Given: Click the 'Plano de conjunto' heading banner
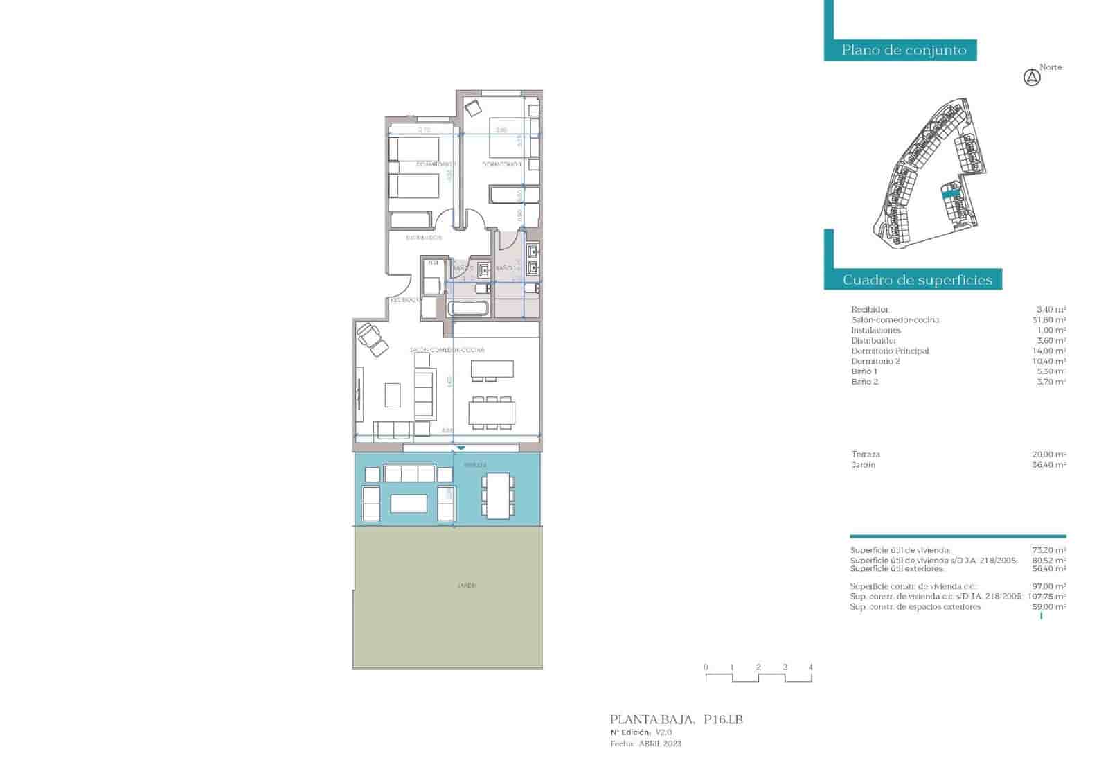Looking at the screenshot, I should pyautogui.click(x=903, y=50).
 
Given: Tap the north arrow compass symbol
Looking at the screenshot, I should pyautogui.click(x=1032, y=78).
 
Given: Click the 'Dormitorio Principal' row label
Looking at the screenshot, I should pyautogui.click(x=890, y=351).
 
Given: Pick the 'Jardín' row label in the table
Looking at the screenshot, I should pyautogui.click(x=864, y=465).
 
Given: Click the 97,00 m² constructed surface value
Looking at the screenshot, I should pyautogui.click(x=1048, y=586).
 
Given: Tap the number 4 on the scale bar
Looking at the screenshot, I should pyautogui.click(x=811, y=667).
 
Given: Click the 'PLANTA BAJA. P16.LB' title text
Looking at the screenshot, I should pyautogui.click(x=676, y=720).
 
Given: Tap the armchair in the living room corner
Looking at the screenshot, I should pyautogui.click(x=373, y=340).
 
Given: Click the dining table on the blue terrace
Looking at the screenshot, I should pyautogui.click(x=499, y=495).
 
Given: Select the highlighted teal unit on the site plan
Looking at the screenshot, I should pyautogui.click(x=951, y=195).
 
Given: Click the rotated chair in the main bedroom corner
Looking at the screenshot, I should pyautogui.click(x=474, y=108).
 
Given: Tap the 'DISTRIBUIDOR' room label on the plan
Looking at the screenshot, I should pyautogui.click(x=424, y=238).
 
